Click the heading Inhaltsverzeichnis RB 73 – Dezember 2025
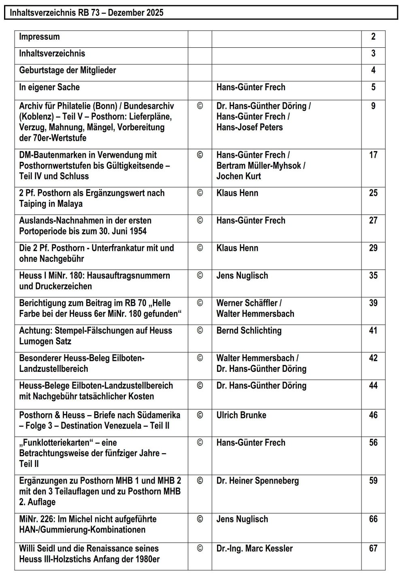tap(87, 13)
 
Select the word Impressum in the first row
tap(39, 37)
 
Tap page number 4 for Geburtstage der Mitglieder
tap(373, 70)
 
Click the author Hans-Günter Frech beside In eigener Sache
tap(251, 87)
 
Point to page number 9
tap(373, 106)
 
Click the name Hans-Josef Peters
tap(249, 127)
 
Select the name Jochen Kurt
tap(238, 176)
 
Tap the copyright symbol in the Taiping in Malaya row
tap(200, 193)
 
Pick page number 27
tap(373, 221)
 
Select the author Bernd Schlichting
tap(249, 331)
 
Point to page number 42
tap(373, 358)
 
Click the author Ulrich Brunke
tap(241, 415)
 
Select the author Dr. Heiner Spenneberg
tap(257, 481)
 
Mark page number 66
tap(373, 519)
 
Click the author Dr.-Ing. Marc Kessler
tap(254, 549)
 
